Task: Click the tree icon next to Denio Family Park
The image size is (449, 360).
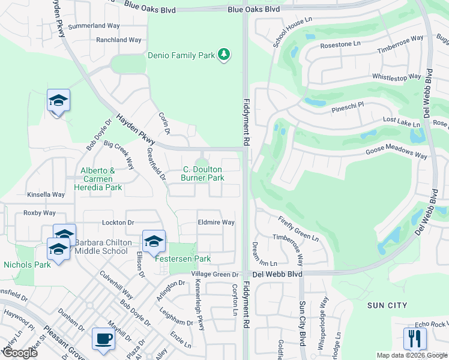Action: (x=224, y=55)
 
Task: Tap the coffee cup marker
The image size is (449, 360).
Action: (x=103, y=339)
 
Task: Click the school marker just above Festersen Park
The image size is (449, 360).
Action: (x=154, y=241)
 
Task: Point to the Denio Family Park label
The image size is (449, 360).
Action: (x=181, y=56)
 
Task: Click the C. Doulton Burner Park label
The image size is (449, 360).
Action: (x=203, y=173)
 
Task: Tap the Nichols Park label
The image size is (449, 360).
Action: (x=27, y=264)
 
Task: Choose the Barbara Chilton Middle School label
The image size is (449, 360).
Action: (x=103, y=247)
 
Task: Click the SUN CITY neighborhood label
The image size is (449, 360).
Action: (x=388, y=305)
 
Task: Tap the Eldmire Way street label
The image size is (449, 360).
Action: (x=216, y=222)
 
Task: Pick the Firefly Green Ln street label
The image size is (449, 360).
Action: (x=298, y=229)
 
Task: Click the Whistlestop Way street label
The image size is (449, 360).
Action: (x=397, y=77)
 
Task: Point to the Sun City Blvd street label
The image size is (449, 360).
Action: (x=303, y=321)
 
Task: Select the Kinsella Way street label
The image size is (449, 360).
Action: (x=46, y=195)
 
